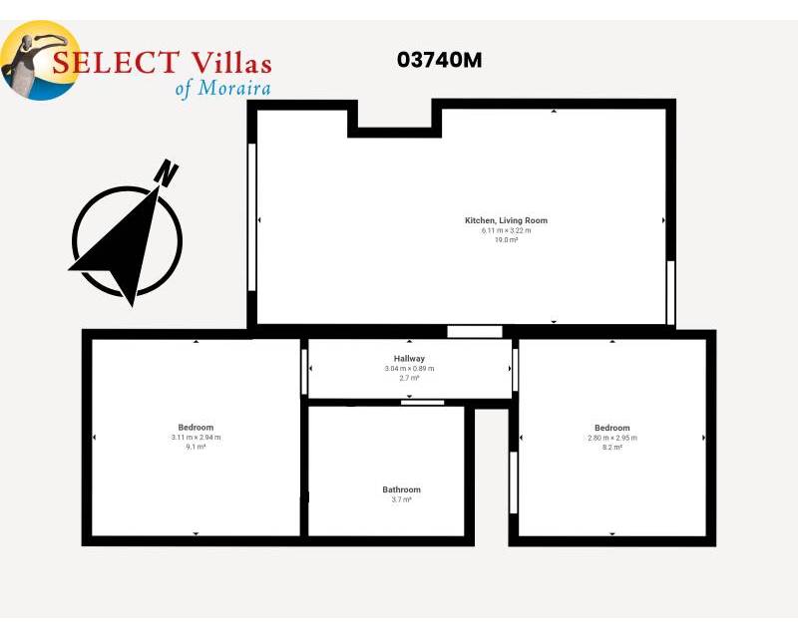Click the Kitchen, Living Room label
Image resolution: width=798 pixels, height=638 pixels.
pyautogui.click(x=506, y=220)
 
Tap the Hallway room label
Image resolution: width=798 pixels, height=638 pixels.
pyautogui.click(x=409, y=359)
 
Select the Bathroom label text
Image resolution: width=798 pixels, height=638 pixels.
pyautogui.click(x=402, y=489)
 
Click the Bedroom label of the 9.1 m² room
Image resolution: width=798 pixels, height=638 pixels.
pyautogui.click(x=196, y=428)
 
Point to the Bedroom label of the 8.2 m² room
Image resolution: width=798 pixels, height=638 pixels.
pyautogui.click(x=612, y=428)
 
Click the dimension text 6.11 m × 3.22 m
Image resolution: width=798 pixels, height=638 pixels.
pyautogui.click(x=507, y=230)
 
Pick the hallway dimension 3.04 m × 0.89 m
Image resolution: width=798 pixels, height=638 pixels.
pyautogui.click(x=409, y=369)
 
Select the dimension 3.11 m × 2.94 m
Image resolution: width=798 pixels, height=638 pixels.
pyautogui.click(x=196, y=437)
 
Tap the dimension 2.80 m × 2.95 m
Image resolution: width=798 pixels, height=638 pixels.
pyautogui.click(x=612, y=438)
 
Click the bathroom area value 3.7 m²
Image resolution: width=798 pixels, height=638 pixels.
pyautogui.click(x=402, y=499)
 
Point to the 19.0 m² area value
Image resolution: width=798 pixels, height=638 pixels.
pyautogui.click(x=507, y=240)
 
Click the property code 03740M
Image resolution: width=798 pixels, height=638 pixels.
pyautogui.click(x=439, y=60)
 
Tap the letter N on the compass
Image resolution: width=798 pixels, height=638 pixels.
pyautogui.click(x=166, y=172)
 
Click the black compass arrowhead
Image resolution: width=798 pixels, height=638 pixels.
pyautogui.click(x=121, y=244)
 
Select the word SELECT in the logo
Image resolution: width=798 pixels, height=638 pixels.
pyautogui.click(x=116, y=62)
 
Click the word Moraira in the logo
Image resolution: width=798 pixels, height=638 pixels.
pyautogui.click(x=234, y=88)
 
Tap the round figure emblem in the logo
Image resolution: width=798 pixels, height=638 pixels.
pyautogui.click(x=40, y=60)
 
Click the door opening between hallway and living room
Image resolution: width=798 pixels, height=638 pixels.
pyautogui.click(x=475, y=332)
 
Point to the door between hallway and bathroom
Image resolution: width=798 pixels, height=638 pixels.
pyautogui.click(x=422, y=403)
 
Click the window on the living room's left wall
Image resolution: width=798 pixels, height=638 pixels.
pyautogui.click(x=251, y=217)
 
